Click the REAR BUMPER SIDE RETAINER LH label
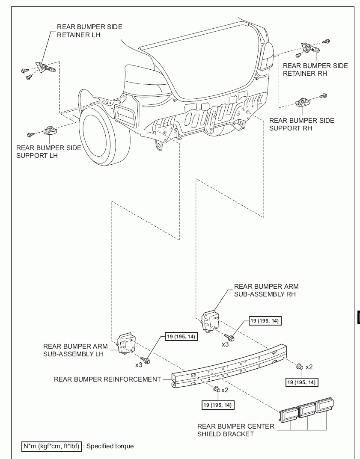(89, 31)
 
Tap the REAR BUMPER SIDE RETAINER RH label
(315, 69)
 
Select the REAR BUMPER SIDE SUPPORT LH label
(49, 151)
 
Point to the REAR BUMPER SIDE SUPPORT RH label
(301, 124)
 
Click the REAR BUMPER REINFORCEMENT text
(107, 379)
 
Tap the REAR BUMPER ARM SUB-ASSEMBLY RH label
(266, 290)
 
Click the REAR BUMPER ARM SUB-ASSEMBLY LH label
(73, 350)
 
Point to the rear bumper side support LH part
(51, 130)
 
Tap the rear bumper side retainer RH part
(309, 48)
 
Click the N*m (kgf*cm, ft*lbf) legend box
(51, 446)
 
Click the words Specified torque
(110, 446)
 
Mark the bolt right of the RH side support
(324, 95)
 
